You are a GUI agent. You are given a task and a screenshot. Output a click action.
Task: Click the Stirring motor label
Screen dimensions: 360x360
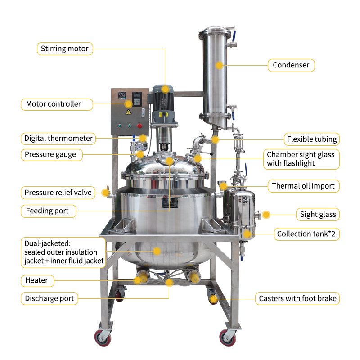(65, 49)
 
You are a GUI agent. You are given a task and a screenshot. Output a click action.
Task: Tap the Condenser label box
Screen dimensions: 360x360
(291, 65)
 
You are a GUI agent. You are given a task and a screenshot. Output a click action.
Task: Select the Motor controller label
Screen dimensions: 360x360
(57, 104)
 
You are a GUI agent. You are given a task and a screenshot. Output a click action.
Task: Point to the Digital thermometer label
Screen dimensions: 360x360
(58, 139)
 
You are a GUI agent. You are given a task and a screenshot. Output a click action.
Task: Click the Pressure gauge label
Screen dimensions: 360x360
(51, 154)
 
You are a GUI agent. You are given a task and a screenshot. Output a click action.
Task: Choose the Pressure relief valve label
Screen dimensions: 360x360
(58, 193)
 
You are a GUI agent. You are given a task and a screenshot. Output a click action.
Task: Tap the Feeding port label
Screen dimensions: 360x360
(48, 211)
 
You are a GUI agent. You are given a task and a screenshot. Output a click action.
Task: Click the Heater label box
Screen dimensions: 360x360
(37, 280)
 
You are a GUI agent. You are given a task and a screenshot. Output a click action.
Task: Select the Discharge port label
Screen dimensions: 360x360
(49, 298)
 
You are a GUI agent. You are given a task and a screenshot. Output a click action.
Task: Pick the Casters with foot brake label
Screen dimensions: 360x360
(297, 298)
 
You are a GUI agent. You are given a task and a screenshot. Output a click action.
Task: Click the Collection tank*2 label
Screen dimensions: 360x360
(306, 234)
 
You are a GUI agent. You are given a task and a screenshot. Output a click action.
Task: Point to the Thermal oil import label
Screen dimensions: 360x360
(303, 186)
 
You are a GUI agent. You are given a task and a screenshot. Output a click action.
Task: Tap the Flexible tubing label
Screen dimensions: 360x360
(311, 139)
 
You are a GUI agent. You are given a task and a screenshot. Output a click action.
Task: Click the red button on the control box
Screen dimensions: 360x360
(139, 126)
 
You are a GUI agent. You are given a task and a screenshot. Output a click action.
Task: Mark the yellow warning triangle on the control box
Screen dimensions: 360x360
(128, 112)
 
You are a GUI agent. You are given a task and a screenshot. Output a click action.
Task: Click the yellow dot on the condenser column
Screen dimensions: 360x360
(220, 65)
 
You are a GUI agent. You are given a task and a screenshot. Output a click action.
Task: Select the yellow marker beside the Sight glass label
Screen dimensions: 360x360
(266, 215)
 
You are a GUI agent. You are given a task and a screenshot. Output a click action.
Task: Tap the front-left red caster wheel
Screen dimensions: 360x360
(103, 338)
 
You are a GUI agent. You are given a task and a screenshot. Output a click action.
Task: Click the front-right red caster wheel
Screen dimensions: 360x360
(228, 338)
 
